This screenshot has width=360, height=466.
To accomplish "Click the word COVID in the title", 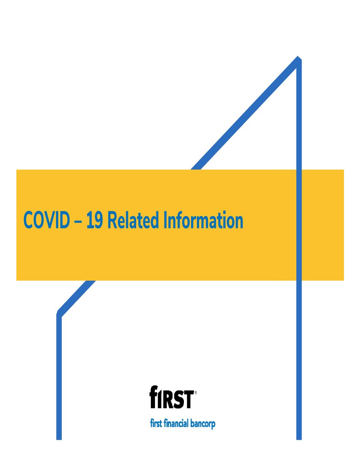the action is coord(46,220).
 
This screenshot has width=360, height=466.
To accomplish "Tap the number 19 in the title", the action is coord(94,220).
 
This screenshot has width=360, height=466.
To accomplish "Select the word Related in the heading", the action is coord(133,220).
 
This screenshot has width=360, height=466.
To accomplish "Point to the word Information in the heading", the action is coord(203,220).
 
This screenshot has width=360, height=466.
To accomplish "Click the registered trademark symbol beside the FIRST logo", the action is coord(196,393).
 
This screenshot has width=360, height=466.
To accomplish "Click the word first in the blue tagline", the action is coord(156,424).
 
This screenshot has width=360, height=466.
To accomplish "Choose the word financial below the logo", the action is coord(176,424).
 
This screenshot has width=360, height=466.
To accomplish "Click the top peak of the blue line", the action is coord(298,57).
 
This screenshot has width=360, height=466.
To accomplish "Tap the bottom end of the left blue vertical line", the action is coord(59,440).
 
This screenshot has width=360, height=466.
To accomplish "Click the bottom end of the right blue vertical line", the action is coord(299,440).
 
